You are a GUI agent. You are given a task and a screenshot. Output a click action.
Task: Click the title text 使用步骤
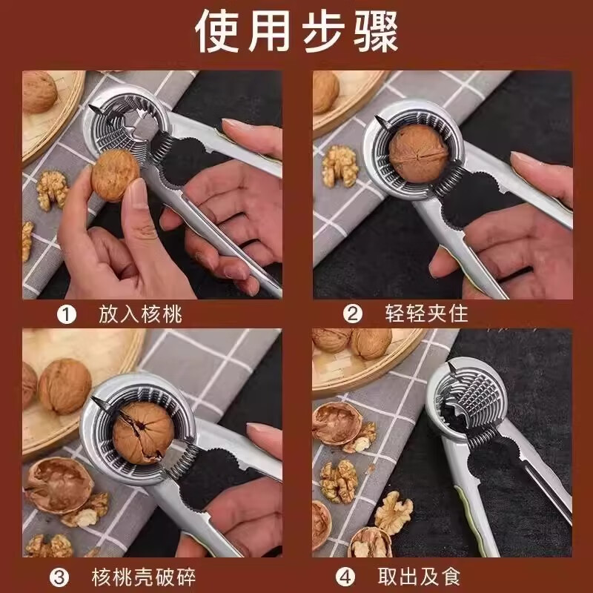pyautogui.click(x=296, y=30)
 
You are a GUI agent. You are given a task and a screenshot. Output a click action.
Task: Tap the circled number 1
pyautogui.click(x=67, y=314)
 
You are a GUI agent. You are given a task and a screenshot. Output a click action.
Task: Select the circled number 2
pyautogui.click(x=354, y=314)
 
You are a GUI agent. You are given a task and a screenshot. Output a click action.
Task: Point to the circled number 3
pyautogui.click(x=60, y=574)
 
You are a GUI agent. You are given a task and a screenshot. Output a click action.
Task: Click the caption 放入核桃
pyautogui.click(x=140, y=314)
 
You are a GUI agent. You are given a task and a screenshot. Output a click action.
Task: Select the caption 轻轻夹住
pyautogui.click(x=428, y=314)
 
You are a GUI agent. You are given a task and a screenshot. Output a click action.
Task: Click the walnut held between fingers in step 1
pyautogui.click(x=115, y=174)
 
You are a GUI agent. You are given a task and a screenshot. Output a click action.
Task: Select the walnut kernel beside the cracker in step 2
pyautogui.click(x=340, y=165)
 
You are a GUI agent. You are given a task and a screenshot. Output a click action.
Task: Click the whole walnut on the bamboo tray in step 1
pyautogui.click(x=39, y=92)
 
